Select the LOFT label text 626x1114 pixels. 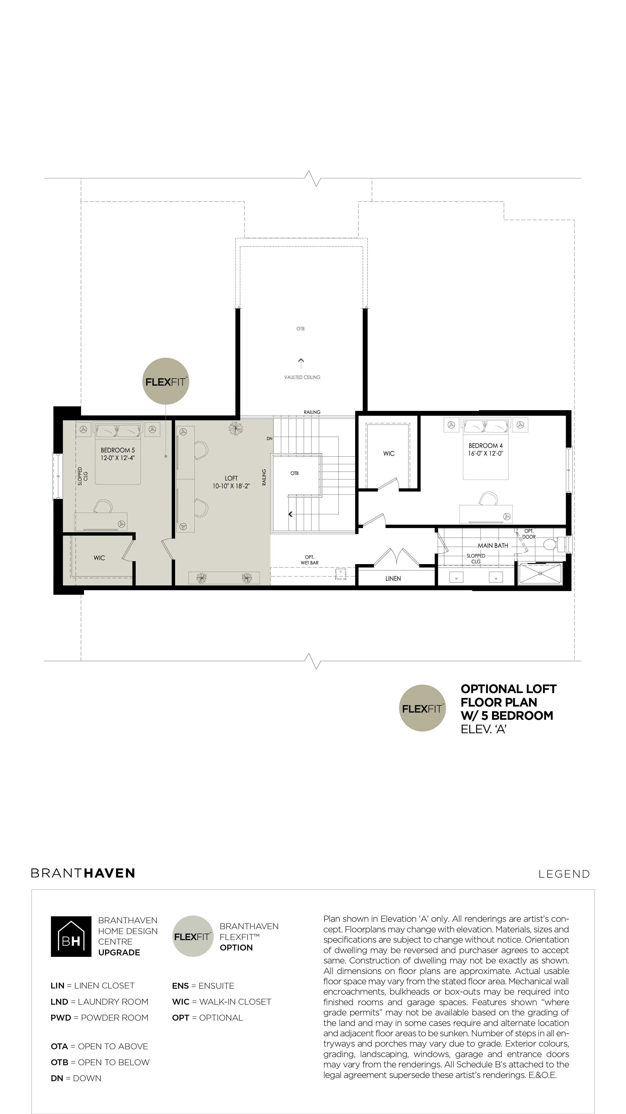pos(231,478)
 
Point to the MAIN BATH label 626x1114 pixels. pos(493,545)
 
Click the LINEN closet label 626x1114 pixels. pos(393,578)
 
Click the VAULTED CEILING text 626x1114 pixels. pos(302,377)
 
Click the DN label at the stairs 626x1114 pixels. pos(270,439)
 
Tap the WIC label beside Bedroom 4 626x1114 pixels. pos(389,453)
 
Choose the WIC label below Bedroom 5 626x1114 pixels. pos(99,558)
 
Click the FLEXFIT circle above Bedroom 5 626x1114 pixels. pos(166,381)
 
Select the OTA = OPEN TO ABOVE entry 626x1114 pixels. pos(99,1046)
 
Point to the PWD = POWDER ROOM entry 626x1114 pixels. pos(99,1018)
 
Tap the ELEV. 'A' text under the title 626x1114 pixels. pos(483,729)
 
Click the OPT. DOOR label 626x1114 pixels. pos(529,534)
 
